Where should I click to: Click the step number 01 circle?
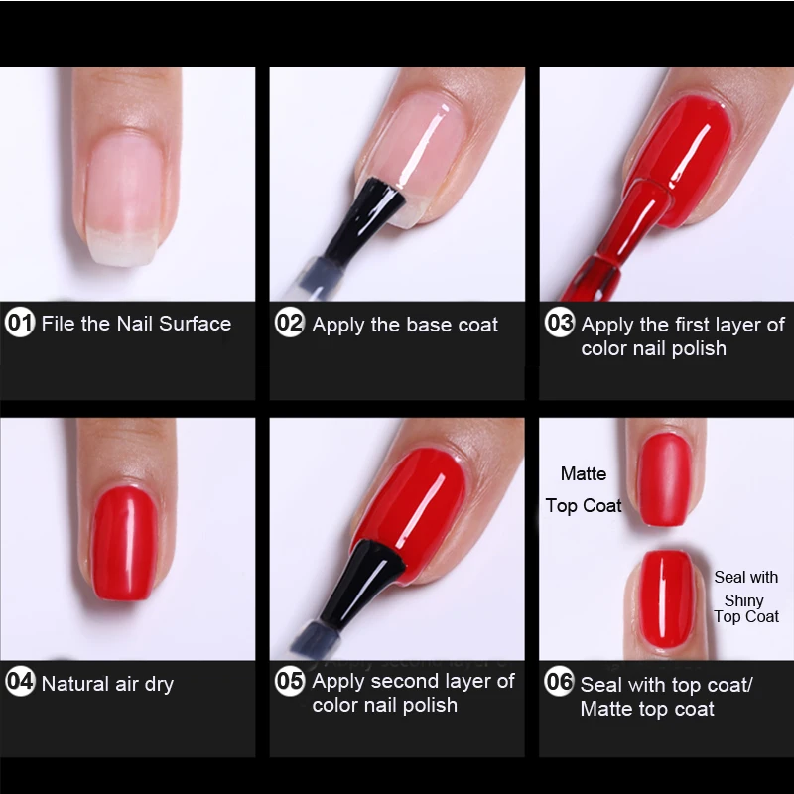pyautogui.click(x=20, y=322)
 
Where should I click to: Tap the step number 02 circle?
pyautogui.click(x=290, y=322)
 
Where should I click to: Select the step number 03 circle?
pyautogui.click(x=560, y=322)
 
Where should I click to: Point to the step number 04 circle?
pyautogui.click(x=20, y=681)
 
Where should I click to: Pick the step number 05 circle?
pyautogui.click(x=290, y=681)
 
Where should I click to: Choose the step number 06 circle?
pyautogui.click(x=560, y=681)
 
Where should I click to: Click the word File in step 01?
pyautogui.click(x=59, y=324)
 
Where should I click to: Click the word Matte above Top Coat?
pyautogui.click(x=584, y=474)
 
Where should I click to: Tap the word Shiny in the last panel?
pyautogui.click(x=743, y=601)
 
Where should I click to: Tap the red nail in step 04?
pyautogui.click(x=125, y=543)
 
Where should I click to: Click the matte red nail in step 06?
pyautogui.click(x=664, y=479)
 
